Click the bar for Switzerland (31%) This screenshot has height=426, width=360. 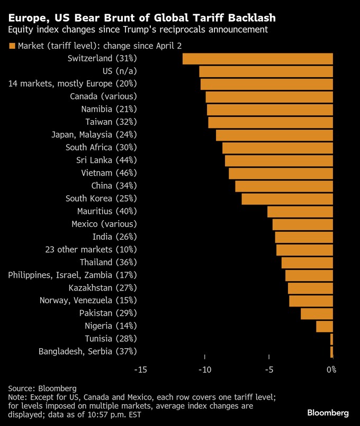tap(258, 58)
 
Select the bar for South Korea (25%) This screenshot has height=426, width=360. tap(287, 198)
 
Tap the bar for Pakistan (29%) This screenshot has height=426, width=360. tap(317, 313)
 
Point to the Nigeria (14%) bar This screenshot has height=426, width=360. tap(325, 326)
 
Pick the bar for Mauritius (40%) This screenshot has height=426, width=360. tap(300, 211)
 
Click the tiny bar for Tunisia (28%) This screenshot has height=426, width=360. tap(331, 339)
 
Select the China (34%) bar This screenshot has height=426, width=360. tap(284, 186)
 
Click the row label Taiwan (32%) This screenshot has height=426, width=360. tap(111, 122)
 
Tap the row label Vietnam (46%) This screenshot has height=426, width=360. tap(109, 173)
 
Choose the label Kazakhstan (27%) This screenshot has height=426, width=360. tap(103, 288)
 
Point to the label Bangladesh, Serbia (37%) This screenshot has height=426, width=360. tap(88, 351)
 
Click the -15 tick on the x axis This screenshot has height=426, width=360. tap(141, 369)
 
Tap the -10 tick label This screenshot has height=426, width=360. tap(205, 369)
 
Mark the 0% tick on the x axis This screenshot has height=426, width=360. tap(331, 369)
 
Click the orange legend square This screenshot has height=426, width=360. tap(12, 46)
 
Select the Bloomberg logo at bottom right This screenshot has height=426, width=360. tap(328, 412)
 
